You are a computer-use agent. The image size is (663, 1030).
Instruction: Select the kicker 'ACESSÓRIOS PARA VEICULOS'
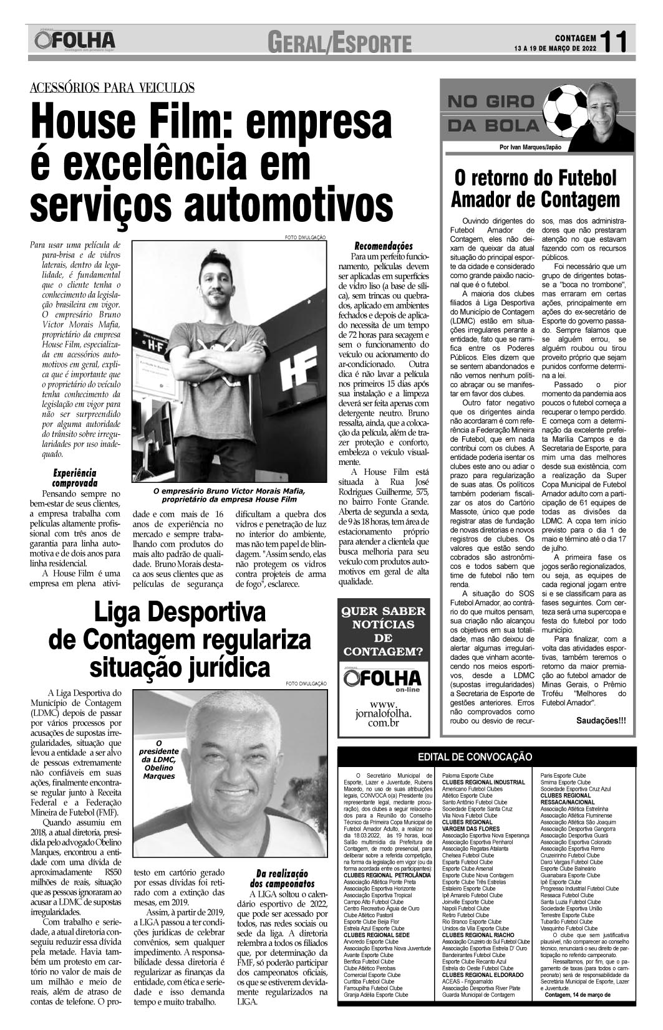pyautogui.click(x=112, y=88)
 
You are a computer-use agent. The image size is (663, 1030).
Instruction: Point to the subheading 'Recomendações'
pyautogui.click(x=384, y=246)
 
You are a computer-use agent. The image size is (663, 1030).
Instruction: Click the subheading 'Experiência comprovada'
pyautogui.click(x=74, y=477)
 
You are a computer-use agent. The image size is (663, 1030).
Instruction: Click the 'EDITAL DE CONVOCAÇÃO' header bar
pyautogui.click(x=475, y=756)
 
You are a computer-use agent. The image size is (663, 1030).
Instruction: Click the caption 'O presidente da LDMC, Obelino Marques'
pyautogui.click(x=158, y=760)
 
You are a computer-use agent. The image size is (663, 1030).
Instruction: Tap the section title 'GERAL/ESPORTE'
pyautogui.click(x=340, y=44)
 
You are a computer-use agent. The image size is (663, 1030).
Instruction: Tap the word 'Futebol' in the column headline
pyautogui.click(x=581, y=178)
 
